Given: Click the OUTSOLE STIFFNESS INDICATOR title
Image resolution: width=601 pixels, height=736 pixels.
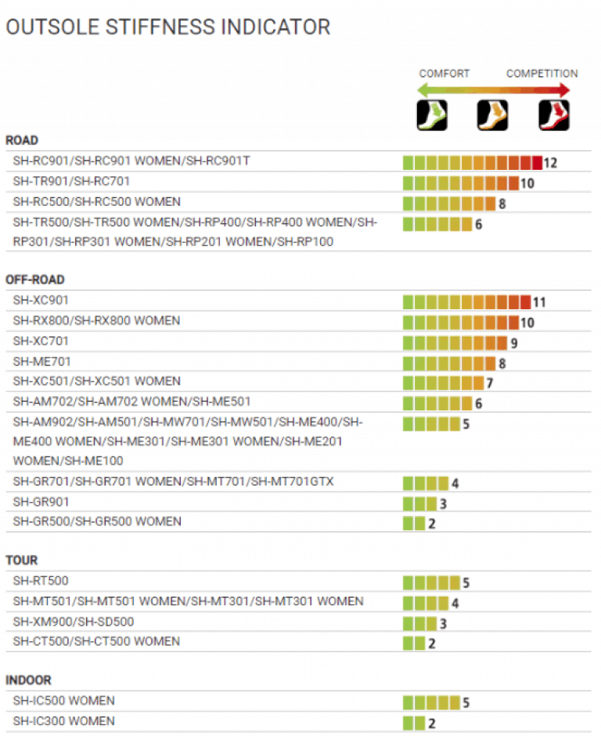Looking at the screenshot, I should pyautogui.click(x=167, y=27).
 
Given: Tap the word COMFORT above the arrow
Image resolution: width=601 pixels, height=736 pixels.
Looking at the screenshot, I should pyautogui.click(x=444, y=74).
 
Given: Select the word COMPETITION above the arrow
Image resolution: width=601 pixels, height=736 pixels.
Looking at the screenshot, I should pyautogui.click(x=542, y=74).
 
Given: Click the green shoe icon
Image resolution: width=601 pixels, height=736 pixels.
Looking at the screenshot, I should pyautogui.click(x=430, y=115).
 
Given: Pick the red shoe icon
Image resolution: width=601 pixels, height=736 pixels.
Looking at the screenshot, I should pyautogui.click(x=553, y=115).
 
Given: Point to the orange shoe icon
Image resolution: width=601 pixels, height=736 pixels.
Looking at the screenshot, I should pyautogui.click(x=492, y=115).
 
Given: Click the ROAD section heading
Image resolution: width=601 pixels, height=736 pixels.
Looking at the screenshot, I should pyautogui.click(x=22, y=140).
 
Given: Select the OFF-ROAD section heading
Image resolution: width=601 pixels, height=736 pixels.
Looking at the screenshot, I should pyautogui.click(x=35, y=280).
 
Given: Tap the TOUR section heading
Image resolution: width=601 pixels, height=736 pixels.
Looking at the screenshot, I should pyautogui.click(x=22, y=561).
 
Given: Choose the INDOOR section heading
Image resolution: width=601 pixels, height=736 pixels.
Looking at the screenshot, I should pyautogui.click(x=28, y=680).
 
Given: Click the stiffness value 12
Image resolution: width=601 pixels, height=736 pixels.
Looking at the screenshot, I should pyautogui.click(x=549, y=163).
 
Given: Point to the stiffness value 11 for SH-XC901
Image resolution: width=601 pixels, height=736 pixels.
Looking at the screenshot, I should pyautogui.click(x=539, y=302).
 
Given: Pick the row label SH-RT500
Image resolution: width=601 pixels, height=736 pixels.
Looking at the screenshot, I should pyautogui.click(x=41, y=581).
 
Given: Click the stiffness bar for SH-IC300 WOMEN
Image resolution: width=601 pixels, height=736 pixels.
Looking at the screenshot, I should pyautogui.click(x=414, y=723).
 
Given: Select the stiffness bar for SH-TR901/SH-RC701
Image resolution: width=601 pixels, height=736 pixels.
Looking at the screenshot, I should pyautogui.click(x=461, y=183).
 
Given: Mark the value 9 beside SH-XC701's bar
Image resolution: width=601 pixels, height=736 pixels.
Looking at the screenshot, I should pyautogui.click(x=513, y=343).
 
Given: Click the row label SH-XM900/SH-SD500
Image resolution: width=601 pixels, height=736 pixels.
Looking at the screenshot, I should pyautogui.click(x=74, y=622).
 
